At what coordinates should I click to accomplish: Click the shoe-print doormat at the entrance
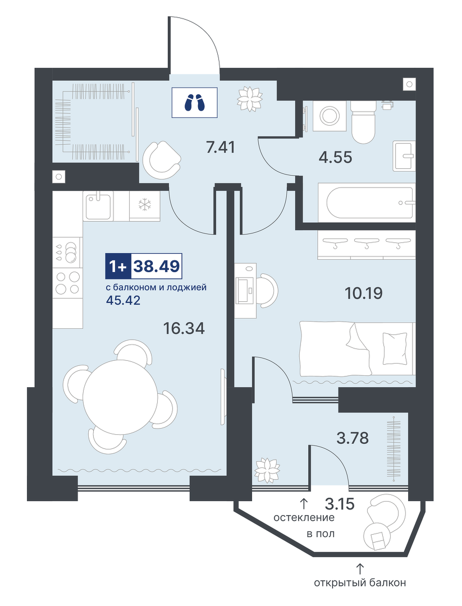[194, 103]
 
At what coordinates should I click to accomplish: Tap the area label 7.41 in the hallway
[221, 147]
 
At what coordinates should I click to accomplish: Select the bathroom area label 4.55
[336, 157]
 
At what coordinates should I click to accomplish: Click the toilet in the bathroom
[363, 121]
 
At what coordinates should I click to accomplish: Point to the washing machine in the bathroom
[330, 116]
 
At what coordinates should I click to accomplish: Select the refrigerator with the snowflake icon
[145, 206]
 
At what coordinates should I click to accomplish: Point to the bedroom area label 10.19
[363, 293]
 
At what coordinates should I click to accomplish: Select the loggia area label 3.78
[352, 438]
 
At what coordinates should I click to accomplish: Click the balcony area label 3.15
[340, 504]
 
